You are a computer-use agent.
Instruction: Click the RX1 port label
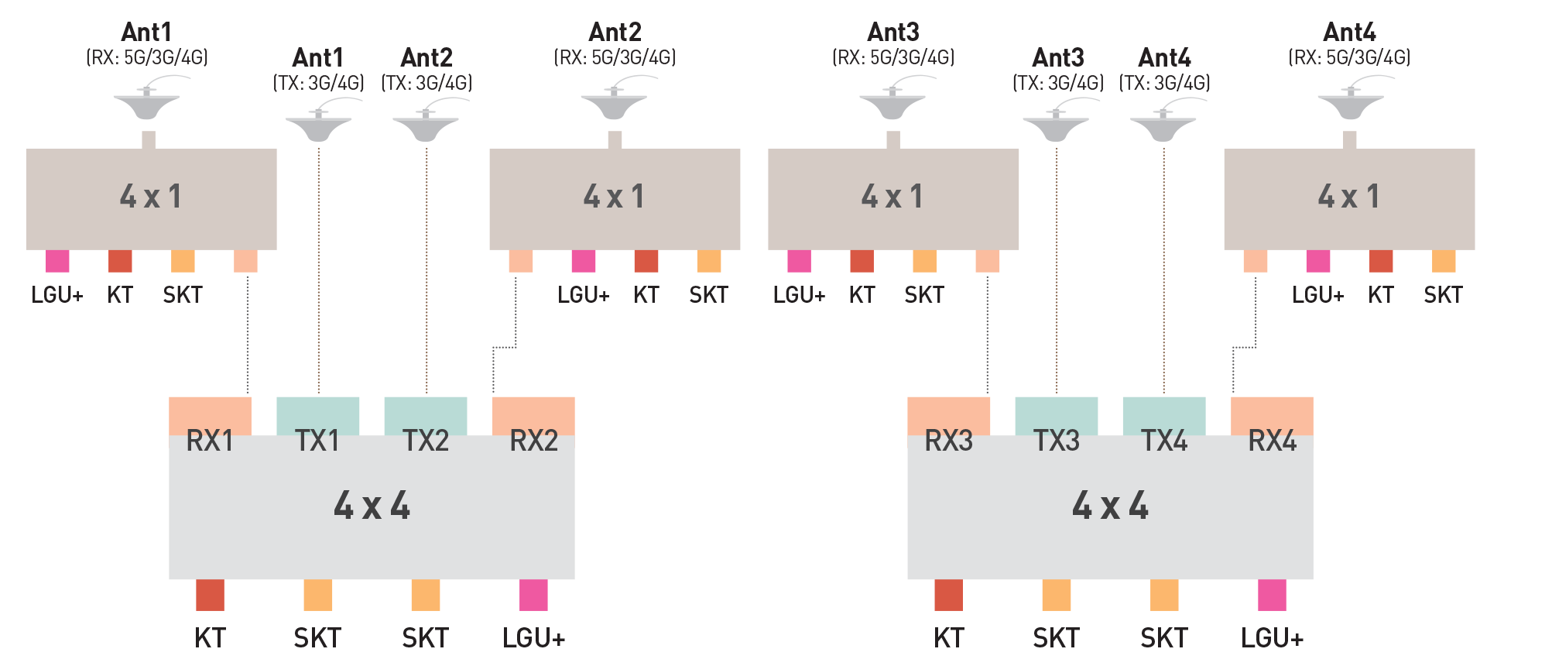[210, 441]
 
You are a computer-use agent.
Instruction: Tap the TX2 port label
[426, 441]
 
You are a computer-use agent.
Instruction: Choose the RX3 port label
[948, 441]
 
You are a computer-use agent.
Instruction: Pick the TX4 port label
[1164, 441]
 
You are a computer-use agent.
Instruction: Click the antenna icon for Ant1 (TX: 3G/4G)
[318, 126]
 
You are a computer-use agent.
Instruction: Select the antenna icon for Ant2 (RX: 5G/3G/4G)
[615, 104]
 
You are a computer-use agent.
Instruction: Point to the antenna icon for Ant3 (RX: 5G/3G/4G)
[892, 104]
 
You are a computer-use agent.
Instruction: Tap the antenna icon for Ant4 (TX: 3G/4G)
[1163, 126]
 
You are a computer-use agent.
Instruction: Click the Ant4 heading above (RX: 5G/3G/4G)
[1349, 33]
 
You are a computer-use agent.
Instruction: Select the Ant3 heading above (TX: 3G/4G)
[1057, 58]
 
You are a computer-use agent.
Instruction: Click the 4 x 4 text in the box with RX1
[372, 506]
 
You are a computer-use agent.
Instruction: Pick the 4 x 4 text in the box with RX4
[1110, 506]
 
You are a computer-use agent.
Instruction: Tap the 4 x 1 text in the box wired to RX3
[892, 197]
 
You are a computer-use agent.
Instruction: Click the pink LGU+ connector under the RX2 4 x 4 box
[533, 595]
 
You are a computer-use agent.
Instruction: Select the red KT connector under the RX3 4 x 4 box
[948, 595]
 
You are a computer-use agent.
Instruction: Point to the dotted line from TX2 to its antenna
[427, 271]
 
